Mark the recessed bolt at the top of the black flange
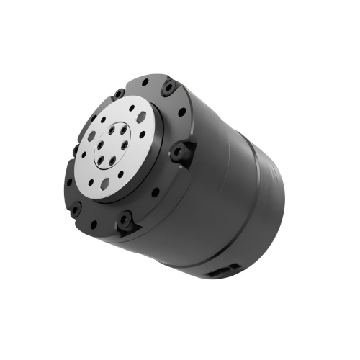[168, 88]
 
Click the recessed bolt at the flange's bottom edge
[127, 220]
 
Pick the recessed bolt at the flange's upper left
[118, 94]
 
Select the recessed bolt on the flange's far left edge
[75, 150]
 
